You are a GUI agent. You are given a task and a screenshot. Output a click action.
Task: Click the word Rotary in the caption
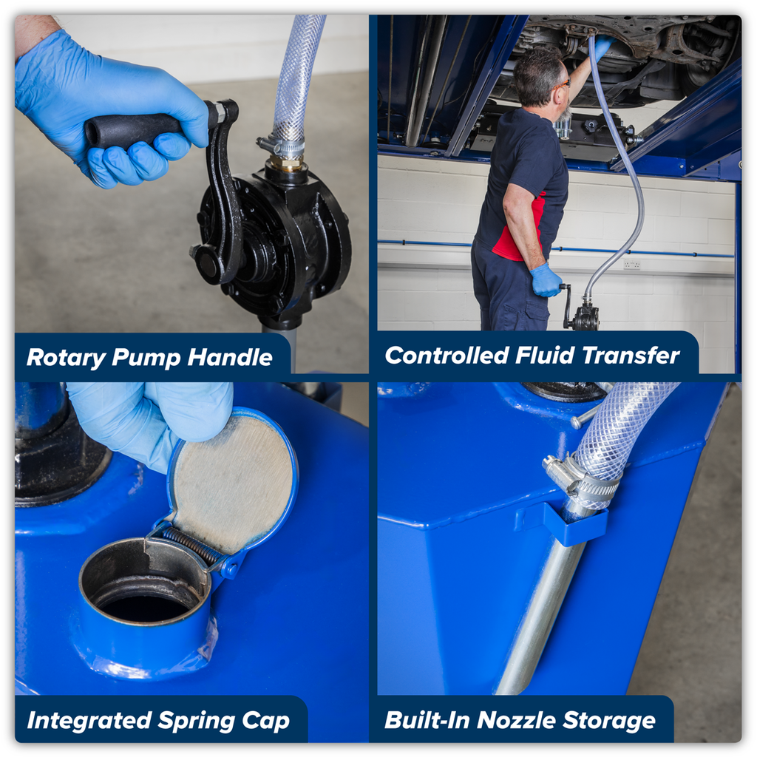pos(66,358)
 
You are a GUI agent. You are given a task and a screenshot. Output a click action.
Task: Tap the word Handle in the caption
pos(230,357)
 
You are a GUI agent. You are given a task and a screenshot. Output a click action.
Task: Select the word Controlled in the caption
pos(447,356)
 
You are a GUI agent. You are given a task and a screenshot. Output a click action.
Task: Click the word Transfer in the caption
pos(631,356)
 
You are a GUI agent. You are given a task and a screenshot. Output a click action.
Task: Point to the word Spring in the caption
pos(196,722)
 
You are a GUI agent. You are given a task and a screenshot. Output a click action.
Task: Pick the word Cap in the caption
pos(265,721)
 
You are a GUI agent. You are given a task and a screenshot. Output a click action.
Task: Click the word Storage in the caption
pos(609,721)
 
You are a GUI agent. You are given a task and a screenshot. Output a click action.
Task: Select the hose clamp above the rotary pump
pos(282,146)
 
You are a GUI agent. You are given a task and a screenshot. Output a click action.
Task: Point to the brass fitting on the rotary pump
pos(287,163)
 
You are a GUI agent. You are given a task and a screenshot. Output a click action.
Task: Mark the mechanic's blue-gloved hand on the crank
pos(546,280)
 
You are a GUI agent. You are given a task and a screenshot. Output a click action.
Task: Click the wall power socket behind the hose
pos(631,265)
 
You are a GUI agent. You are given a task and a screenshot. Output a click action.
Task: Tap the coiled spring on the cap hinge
pos(191,545)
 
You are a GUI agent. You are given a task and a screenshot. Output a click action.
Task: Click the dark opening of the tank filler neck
pos(144,607)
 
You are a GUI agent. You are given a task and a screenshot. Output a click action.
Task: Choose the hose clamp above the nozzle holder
pos(580,478)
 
